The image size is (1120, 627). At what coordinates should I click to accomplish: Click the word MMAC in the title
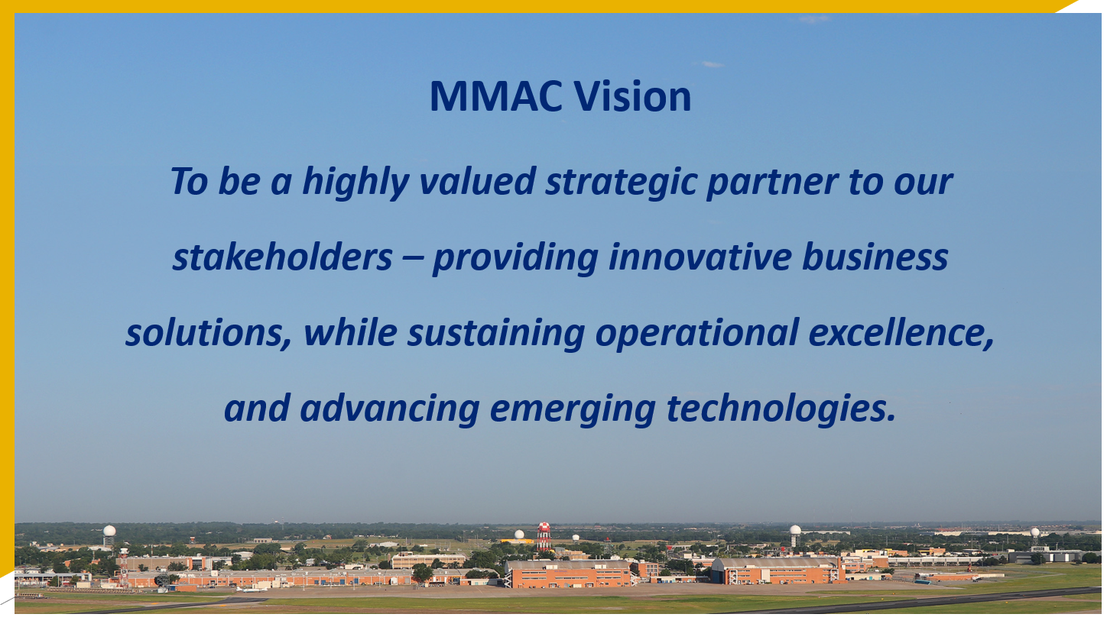point(496,96)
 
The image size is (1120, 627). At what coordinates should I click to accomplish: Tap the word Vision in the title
point(632,96)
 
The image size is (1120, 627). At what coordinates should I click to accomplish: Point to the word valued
point(478,181)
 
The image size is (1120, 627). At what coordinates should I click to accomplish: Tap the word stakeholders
point(283,257)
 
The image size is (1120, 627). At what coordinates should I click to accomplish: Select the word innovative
point(700,257)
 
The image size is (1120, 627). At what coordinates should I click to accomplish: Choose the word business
point(875,257)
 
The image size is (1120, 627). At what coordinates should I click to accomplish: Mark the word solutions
point(208,333)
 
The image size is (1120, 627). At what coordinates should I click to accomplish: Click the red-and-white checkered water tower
point(544,535)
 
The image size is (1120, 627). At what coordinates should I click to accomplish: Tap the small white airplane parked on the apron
point(252,590)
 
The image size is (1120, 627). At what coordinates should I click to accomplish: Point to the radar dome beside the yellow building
point(520,535)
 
